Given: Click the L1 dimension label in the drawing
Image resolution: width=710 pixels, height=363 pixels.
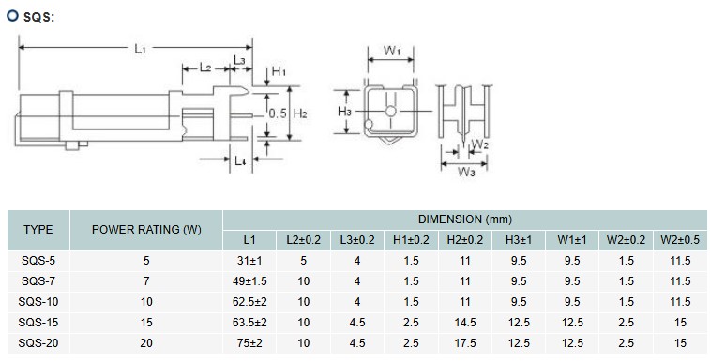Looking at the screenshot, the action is coord(140,49).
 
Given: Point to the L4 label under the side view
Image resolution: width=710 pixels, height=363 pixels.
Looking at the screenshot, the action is coord(240,160).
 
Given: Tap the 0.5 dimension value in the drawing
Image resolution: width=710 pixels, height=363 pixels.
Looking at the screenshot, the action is coord(278,113).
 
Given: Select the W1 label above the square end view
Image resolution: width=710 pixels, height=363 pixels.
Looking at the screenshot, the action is coord(392,51).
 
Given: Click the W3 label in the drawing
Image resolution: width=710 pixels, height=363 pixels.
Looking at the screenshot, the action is coord(466,172).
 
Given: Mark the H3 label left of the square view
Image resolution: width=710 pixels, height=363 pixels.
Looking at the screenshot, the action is coord(344,112).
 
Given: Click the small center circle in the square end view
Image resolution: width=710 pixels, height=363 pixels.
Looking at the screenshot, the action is coord(391,112).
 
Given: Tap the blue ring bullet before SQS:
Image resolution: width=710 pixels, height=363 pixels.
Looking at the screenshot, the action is coord(12,15).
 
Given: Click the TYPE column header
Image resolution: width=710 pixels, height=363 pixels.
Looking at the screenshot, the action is coord(38,230).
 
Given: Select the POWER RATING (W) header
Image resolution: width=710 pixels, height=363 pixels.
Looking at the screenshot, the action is coord(146,230).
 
